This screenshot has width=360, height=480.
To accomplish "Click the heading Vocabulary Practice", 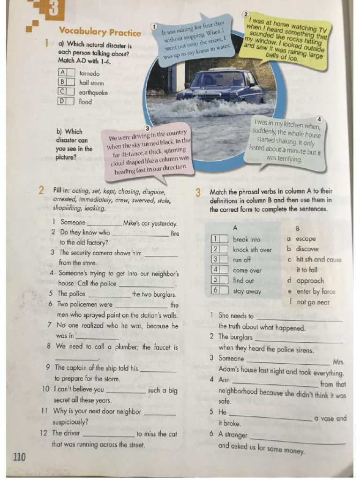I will click(x=99, y=32).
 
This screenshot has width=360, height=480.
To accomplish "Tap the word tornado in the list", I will click(x=90, y=74).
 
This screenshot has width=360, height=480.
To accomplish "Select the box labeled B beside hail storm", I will click(x=62, y=82).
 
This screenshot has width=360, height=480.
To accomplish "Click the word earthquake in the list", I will click(x=93, y=92).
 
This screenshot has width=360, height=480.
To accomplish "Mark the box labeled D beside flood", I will click(x=62, y=101).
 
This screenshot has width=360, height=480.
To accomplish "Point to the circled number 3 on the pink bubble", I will click(x=148, y=128).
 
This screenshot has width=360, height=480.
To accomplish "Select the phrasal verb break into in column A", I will click(x=246, y=239).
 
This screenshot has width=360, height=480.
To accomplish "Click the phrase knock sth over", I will click(x=252, y=249).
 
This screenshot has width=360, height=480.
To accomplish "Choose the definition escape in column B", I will click(x=306, y=239).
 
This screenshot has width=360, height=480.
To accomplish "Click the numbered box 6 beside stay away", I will click(x=216, y=291).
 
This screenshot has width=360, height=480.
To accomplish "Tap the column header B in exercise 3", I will click(x=297, y=228).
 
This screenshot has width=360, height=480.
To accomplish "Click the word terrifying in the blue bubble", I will click(x=284, y=158).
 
